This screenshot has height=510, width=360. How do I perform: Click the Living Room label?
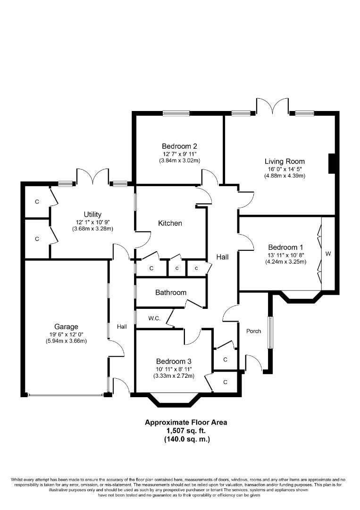[x=285, y=161]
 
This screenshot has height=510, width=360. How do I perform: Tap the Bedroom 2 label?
[x=179, y=146]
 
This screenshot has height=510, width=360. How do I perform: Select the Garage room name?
[x=66, y=327]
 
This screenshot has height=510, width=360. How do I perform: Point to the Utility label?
[x=92, y=214]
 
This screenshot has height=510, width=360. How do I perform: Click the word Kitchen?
[x=170, y=223]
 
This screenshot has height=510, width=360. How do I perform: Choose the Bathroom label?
[x=171, y=292]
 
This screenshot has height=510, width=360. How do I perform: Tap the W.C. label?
[x=154, y=318]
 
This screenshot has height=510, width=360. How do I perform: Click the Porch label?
[x=253, y=331]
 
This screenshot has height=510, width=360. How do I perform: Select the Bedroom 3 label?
[x=174, y=361]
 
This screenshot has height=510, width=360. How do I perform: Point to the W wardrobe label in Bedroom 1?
[x=328, y=254]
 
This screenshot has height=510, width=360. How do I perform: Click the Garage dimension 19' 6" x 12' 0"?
[x=66, y=334]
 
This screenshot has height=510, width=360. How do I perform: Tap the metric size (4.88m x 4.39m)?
[x=285, y=176]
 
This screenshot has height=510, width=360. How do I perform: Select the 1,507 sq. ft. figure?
[x=186, y=431]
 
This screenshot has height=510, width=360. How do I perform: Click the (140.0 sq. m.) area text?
[x=187, y=439]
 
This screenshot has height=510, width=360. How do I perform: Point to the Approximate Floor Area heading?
[x=186, y=423]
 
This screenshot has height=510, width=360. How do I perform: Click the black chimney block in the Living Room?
[x=332, y=163]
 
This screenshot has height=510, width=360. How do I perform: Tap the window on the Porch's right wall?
[x=270, y=332]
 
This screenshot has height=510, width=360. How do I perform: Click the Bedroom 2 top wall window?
[x=176, y=113]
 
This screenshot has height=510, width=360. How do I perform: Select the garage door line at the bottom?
[x=66, y=395]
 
